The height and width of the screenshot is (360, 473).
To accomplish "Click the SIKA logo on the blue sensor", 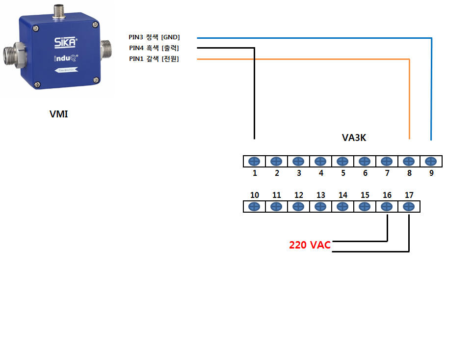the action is pyautogui.click(x=66, y=42).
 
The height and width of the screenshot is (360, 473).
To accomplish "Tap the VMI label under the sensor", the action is pyautogui.click(x=58, y=114).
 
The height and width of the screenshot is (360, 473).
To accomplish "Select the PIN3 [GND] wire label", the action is pyautogui.click(x=154, y=37).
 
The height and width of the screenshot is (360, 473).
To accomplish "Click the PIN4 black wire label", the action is pyautogui.click(x=154, y=48).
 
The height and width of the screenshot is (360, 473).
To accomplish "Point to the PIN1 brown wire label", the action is pyautogui.click(x=154, y=59).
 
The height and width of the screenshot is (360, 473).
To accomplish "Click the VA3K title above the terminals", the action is pyautogui.click(x=354, y=138).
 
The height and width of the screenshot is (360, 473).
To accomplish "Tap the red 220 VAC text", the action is pyautogui.click(x=310, y=245).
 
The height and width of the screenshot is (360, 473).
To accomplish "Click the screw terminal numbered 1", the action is pyautogui.click(x=254, y=162).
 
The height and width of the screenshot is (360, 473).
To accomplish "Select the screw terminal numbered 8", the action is pyautogui.click(x=409, y=162).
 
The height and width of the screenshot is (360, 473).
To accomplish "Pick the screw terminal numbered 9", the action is pyautogui.click(x=431, y=162).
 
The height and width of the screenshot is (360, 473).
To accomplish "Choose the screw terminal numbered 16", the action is pyautogui.click(x=387, y=207).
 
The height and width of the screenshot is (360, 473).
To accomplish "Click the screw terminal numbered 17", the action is pyautogui.click(x=409, y=207).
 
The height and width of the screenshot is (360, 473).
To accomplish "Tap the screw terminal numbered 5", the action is pyautogui.click(x=342, y=162).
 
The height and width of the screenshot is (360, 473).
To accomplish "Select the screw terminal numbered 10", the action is pyautogui.click(x=254, y=207).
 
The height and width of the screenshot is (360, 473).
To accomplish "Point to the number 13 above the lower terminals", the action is pyautogui.click(x=321, y=195).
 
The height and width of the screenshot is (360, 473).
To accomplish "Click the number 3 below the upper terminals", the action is pyautogui.click(x=299, y=173).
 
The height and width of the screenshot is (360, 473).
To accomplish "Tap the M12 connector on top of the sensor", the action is pyautogui.click(x=59, y=12).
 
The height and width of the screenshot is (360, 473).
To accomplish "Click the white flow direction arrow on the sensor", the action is pyautogui.click(x=66, y=70).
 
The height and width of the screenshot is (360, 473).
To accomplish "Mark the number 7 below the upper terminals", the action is pyautogui.click(x=387, y=173).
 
